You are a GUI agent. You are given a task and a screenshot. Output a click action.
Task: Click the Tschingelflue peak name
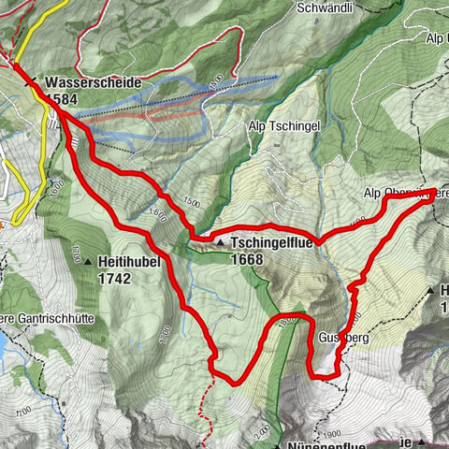click(271, 241)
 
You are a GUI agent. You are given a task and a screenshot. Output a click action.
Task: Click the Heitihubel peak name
click(130, 263)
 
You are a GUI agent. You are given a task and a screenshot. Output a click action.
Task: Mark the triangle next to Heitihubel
click(89, 263)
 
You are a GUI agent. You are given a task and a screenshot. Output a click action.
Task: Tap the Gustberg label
click(338, 336)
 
